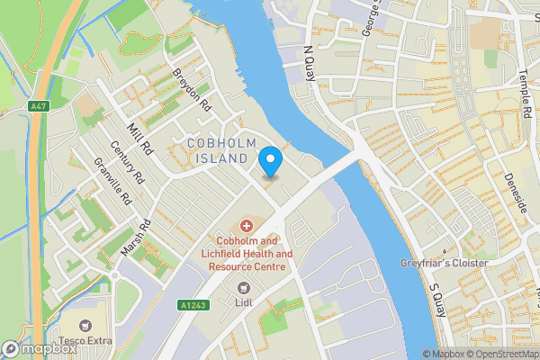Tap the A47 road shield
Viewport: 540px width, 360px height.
[38, 106]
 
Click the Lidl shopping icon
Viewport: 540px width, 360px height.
[241, 287]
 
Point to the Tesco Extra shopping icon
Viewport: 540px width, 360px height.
[86, 325]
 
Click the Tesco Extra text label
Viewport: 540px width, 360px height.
[86, 340]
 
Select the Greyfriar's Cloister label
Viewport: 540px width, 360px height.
[444, 263]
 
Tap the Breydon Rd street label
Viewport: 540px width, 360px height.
[192, 91]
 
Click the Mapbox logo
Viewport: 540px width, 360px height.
[40, 348]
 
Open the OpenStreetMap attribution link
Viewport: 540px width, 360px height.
[500, 354]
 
